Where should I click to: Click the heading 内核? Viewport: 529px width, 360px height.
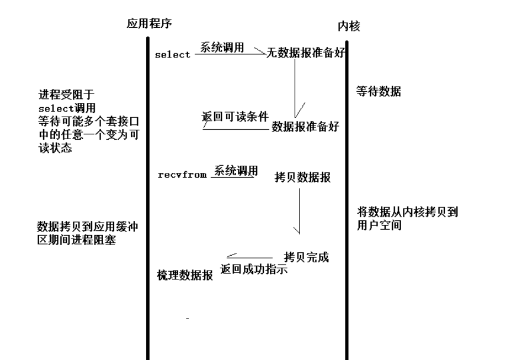click(x=349, y=26)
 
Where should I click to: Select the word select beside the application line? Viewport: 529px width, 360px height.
click(x=172, y=55)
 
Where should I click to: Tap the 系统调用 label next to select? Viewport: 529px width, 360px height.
click(x=222, y=48)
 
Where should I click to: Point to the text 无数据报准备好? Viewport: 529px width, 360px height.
click(x=305, y=54)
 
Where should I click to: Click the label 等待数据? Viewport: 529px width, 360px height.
click(x=378, y=92)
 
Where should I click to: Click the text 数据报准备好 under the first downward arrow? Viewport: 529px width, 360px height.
click(x=305, y=126)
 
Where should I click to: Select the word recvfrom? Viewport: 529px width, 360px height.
click(x=182, y=175)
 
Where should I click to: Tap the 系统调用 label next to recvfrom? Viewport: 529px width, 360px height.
click(x=236, y=171)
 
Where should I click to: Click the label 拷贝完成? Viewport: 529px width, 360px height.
click(x=306, y=257)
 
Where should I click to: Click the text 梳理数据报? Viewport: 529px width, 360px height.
click(x=185, y=275)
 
